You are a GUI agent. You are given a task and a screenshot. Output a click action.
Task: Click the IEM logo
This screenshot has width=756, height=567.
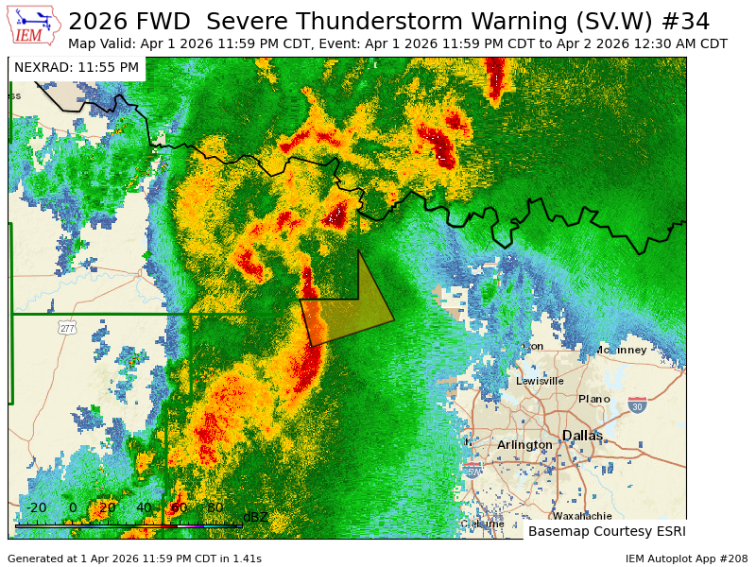34,26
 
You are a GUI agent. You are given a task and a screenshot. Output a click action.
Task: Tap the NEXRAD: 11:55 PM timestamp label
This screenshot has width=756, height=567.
77,67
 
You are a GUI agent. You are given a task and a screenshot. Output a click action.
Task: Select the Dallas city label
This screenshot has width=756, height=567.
582,435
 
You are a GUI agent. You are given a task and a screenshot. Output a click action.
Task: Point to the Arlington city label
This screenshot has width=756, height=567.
524,444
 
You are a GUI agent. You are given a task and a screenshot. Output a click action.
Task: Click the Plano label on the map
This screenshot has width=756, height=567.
594,399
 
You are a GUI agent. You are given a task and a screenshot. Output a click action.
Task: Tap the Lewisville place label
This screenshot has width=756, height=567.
540,381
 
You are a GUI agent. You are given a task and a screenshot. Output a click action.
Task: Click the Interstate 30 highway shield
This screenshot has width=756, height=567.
638,404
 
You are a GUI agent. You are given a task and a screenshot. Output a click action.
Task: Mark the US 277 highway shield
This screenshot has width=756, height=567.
66,327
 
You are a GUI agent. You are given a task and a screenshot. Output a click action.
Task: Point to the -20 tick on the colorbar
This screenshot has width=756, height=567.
35,507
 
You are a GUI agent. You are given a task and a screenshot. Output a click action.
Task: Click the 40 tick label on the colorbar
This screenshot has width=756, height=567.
143,507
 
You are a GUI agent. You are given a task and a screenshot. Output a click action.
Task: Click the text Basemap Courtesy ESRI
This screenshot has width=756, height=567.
606,531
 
